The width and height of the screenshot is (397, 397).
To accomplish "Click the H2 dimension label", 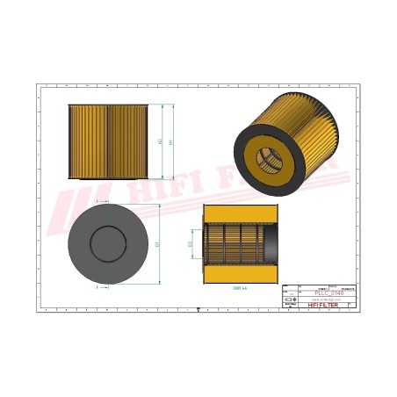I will pos(159,140).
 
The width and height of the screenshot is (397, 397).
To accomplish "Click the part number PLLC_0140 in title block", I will pos(329,292).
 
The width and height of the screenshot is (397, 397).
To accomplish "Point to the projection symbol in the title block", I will pos(292,300).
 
